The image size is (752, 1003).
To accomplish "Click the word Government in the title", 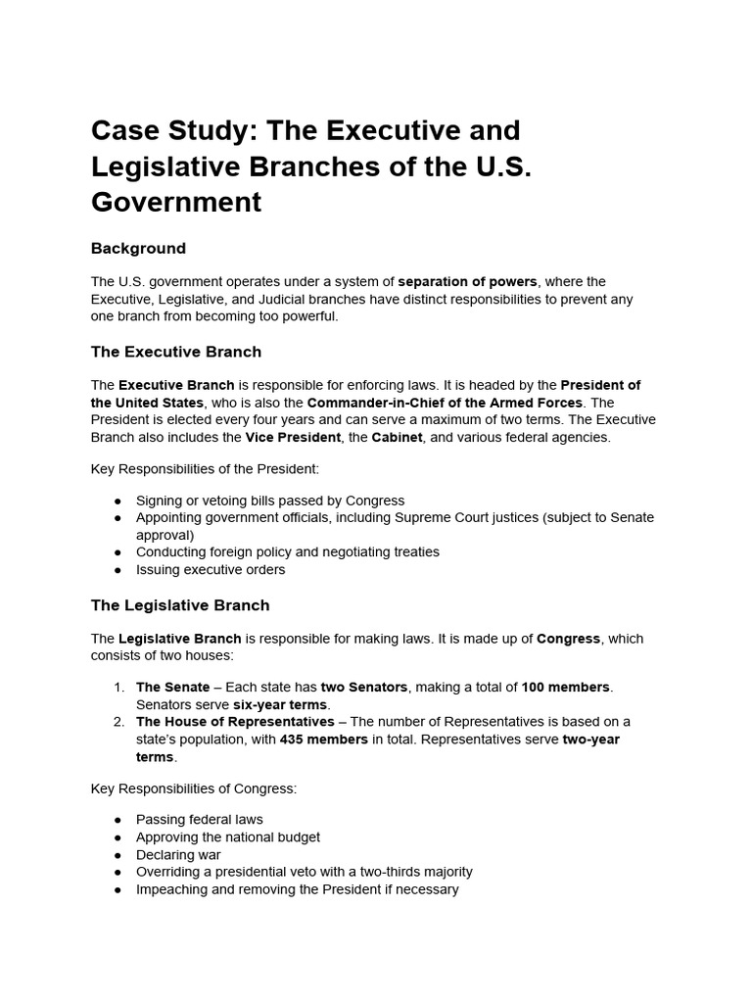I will (176, 202).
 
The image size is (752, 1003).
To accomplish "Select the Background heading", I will (138, 249).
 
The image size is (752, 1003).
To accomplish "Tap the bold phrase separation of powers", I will (468, 282).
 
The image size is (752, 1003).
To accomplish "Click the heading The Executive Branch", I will (176, 352).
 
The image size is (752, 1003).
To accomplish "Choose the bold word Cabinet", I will (397, 438).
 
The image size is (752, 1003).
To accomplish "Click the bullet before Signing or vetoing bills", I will (117, 501).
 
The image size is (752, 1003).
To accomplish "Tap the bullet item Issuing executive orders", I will (211, 570).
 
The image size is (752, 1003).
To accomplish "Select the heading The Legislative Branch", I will (180, 605).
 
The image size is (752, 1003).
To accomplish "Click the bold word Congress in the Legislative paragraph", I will (568, 639).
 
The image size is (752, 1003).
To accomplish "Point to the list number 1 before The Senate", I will (117, 688).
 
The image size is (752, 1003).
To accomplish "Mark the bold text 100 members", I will (566, 688).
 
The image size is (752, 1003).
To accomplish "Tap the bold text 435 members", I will (324, 740).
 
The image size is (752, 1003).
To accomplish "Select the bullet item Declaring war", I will (178, 855).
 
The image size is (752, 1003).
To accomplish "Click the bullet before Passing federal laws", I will (117, 820).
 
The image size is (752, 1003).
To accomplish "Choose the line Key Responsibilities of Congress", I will (193, 788).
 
